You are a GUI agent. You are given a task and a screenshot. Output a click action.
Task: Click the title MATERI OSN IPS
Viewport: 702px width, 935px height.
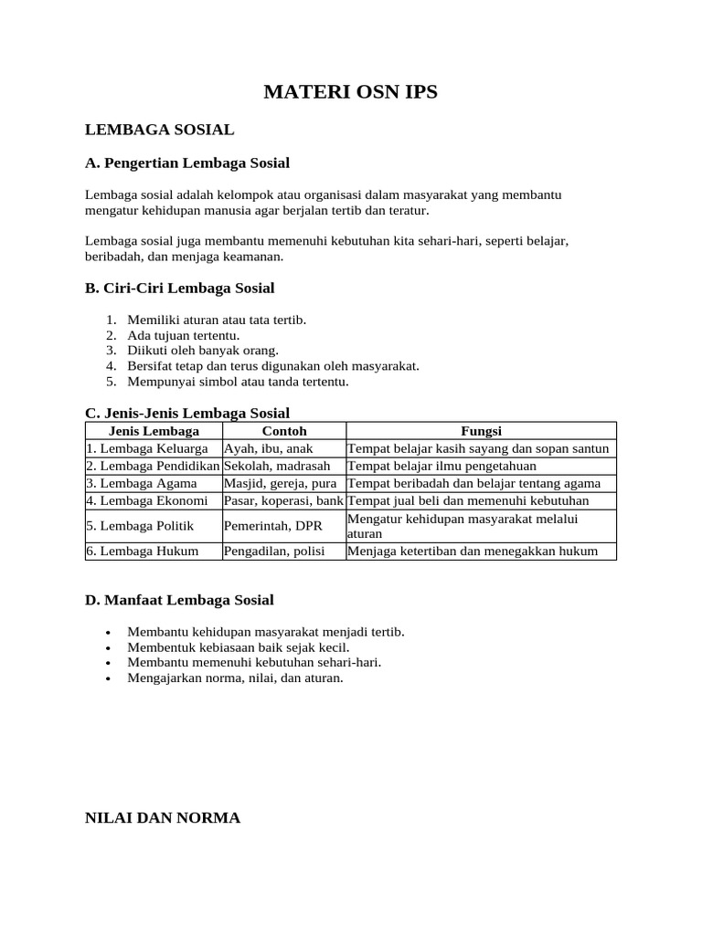point(351,92)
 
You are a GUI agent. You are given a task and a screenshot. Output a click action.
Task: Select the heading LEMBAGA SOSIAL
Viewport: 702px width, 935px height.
point(160,130)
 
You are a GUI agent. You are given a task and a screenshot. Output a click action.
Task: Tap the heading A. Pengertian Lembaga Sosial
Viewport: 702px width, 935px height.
point(187,163)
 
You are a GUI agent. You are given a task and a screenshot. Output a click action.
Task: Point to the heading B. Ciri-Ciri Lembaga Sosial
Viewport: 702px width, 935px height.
point(180,288)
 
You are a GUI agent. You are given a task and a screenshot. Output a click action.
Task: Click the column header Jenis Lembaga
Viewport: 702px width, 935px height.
point(154,431)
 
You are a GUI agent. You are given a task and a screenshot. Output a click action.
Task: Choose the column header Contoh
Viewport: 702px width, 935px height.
point(284,431)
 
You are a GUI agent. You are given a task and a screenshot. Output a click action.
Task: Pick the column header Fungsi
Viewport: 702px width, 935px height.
point(481,431)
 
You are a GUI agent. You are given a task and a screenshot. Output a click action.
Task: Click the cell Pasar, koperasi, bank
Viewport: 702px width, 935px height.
point(283,500)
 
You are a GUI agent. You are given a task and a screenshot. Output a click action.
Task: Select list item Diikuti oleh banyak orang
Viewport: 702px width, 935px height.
point(203,350)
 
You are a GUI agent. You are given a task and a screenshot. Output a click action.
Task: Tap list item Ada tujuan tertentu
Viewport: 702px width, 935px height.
point(184,335)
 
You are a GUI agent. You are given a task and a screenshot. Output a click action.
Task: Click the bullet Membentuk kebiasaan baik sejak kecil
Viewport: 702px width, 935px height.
point(239,646)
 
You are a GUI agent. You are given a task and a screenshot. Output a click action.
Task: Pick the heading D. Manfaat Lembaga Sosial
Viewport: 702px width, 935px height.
point(179,600)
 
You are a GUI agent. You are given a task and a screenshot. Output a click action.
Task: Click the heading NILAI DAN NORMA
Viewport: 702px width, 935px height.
point(163,817)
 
